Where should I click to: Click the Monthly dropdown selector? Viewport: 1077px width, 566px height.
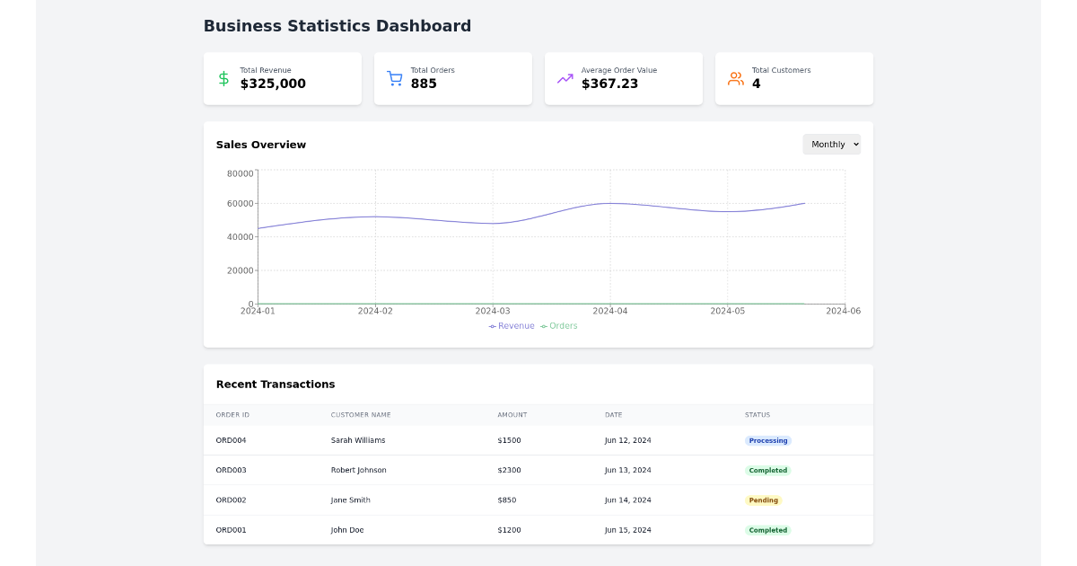(831, 145)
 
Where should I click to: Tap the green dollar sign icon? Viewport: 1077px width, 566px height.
(223, 78)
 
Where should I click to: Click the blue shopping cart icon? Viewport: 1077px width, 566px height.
(394, 78)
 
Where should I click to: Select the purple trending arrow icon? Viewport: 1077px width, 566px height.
(565, 78)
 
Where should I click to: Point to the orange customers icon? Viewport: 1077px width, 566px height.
(735, 78)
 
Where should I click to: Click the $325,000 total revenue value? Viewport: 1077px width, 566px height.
(273, 84)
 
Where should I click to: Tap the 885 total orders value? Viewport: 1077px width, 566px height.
(424, 84)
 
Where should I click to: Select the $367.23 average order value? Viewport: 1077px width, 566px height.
(609, 84)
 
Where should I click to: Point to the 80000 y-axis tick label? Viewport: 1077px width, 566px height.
(240, 173)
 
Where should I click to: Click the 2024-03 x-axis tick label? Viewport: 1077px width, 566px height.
(492, 311)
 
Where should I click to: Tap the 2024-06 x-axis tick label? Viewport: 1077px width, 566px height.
(843, 311)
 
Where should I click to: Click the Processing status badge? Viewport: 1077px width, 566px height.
(768, 440)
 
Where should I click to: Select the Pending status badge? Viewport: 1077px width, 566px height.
(763, 500)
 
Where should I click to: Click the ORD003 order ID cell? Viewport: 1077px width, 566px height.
(231, 470)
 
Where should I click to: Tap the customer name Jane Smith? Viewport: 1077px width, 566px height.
(350, 500)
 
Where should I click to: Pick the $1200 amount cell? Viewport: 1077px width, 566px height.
(509, 530)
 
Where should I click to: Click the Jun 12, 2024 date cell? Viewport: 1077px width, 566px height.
(627, 440)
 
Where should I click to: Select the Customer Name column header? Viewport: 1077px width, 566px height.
(361, 415)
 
